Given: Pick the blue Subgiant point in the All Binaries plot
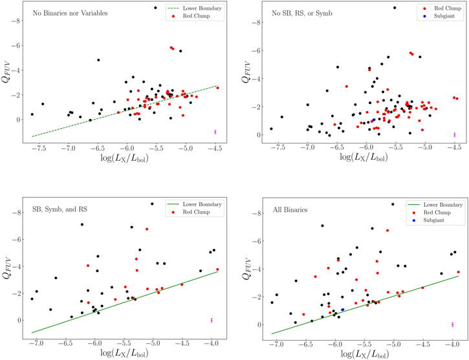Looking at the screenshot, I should click(342, 310).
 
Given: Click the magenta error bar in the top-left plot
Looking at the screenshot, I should click(215, 132).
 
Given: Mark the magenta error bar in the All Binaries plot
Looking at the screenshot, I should click(453, 324).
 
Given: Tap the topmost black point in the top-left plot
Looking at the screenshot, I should click(155, 8).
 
